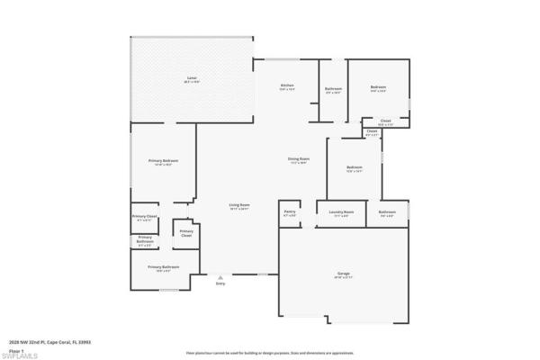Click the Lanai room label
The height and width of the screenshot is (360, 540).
(x=192, y=79)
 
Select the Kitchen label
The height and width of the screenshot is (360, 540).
(x=287, y=86)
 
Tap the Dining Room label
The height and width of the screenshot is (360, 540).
(x=298, y=159)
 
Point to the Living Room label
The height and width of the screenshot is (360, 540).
(x=238, y=205)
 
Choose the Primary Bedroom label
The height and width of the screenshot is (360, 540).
(x=162, y=161)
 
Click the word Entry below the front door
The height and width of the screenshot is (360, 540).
(x=220, y=284)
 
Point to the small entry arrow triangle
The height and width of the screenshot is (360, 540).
(x=220, y=276)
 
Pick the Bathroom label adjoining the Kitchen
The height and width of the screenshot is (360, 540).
(x=333, y=88)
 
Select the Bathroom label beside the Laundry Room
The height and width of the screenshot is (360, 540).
(x=388, y=212)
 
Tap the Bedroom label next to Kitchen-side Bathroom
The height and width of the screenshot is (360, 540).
(x=378, y=87)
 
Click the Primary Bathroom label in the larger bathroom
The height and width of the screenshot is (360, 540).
(x=164, y=267)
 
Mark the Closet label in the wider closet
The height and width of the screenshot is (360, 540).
(x=384, y=121)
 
